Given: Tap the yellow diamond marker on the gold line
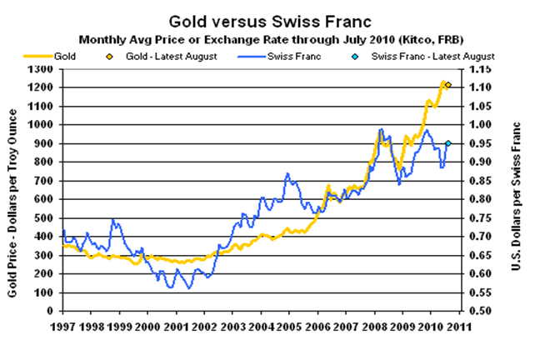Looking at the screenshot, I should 448,85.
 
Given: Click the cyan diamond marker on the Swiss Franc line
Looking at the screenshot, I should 448,143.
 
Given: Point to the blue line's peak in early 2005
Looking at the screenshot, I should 287,173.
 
